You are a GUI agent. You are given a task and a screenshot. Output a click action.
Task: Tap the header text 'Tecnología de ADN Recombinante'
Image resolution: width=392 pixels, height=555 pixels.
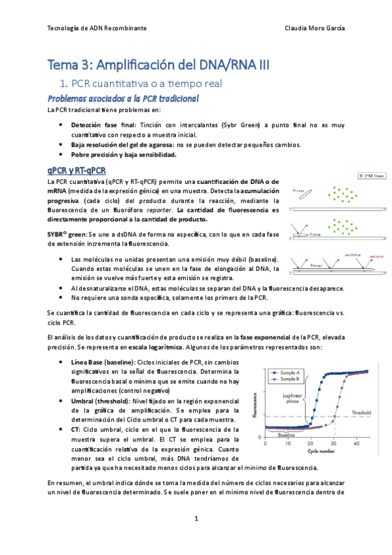[97, 29]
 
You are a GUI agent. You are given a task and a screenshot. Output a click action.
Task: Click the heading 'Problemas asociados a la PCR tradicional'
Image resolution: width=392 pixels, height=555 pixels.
[124, 98]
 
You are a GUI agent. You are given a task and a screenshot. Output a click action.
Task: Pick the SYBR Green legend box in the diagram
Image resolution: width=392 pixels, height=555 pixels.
[372, 175]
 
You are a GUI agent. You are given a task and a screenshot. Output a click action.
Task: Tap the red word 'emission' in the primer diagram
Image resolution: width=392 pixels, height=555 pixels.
[376, 257]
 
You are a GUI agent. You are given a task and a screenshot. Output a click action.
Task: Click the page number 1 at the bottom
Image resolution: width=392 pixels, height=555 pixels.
[196, 518]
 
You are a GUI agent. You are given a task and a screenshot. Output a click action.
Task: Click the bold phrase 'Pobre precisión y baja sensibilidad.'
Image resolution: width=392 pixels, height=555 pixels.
[124, 155]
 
